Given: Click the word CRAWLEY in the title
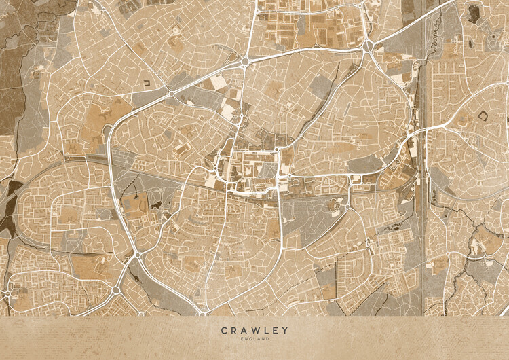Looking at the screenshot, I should [254, 331].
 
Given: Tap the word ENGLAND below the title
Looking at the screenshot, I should [254, 338].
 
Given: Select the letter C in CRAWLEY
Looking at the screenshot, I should [223, 331].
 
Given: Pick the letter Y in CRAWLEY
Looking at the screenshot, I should [285, 331].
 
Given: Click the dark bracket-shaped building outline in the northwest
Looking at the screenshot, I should [147, 83].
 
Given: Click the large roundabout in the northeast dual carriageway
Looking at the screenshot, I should [369, 46].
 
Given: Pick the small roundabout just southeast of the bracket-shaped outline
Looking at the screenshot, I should [172, 94].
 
